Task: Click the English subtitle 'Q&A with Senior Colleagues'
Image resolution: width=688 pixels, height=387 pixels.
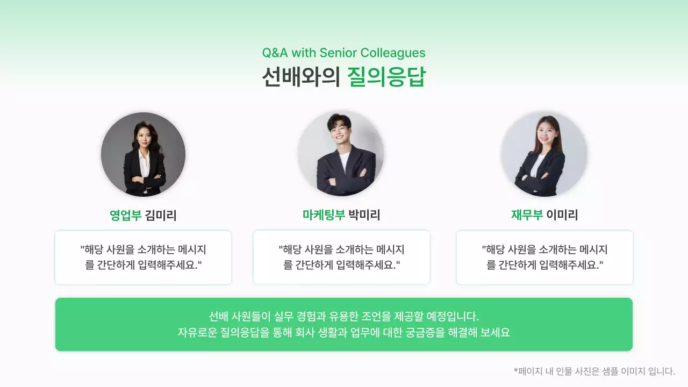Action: click(x=343, y=53)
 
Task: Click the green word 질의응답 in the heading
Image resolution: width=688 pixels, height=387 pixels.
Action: click(x=386, y=77)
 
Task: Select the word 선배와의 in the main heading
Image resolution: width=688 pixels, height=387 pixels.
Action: click(x=301, y=77)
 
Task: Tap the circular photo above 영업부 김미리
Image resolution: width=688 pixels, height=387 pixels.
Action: click(x=143, y=154)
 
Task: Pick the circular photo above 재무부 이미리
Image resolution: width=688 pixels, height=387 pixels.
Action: click(x=543, y=154)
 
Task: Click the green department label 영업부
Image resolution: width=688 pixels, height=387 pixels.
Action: click(x=125, y=216)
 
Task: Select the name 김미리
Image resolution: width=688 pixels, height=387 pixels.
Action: click(x=161, y=216)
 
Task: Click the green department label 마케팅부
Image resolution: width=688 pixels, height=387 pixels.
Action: click(x=324, y=216)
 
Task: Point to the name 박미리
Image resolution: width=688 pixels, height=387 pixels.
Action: click(x=364, y=216)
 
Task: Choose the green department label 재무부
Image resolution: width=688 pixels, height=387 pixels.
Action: click(x=527, y=216)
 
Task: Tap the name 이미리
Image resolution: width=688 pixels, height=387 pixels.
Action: click(x=562, y=216)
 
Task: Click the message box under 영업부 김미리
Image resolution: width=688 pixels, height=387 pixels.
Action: click(x=143, y=257)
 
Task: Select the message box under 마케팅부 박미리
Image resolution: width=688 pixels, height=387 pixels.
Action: click(x=341, y=257)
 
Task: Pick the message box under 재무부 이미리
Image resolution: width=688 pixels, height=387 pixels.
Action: click(x=544, y=257)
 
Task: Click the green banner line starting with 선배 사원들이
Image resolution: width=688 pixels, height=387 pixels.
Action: click(x=343, y=316)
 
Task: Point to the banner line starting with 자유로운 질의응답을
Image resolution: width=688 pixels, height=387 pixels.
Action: click(x=343, y=333)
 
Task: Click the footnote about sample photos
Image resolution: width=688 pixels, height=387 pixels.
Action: click(x=594, y=371)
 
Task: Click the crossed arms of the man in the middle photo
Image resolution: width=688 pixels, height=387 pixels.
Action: click(x=342, y=173)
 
